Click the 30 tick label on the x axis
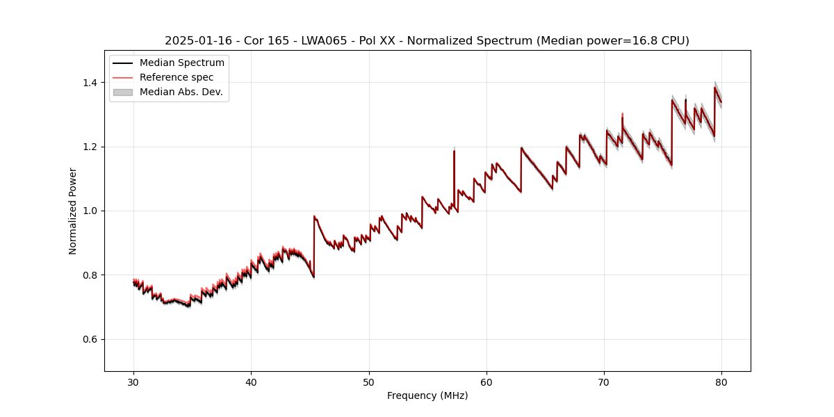pyautogui.click(x=133, y=382)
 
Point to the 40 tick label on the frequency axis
pyautogui.click(x=251, y=382)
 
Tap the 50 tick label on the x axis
pyautogui.click(x=368, y=382)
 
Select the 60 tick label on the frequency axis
pyautogui.click(x=486, y=382)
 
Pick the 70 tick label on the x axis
pyautogui.click(x=604, y=382)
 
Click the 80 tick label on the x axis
pyautogui.click(x=721, y=382)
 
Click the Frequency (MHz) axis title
pyautogui.click(x=427, y=395)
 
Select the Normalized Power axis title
pyautogui.click(x=73, y=211)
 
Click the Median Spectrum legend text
pyautogui.click(x=182, y=63)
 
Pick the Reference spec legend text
pyautogui.click(x=177, y=77)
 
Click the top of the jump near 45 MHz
pyautogui.click(x=314, y=217)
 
